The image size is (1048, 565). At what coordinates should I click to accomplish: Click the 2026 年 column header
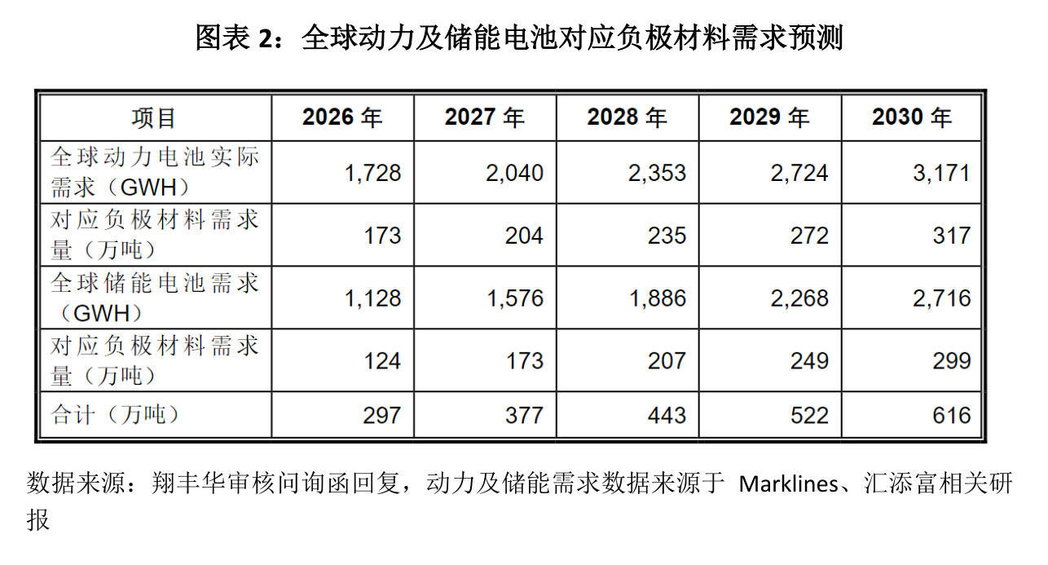(x=342, y=117)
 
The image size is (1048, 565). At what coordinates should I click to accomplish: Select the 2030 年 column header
(x=912, y=117)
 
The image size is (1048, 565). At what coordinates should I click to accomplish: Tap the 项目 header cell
(x=154, y=118)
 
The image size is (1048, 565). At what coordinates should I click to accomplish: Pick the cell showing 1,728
(x=373, y=173)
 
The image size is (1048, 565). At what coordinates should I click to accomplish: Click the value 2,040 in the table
(x=515, y=173)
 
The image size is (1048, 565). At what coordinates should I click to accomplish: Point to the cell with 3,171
(x=941, y=173)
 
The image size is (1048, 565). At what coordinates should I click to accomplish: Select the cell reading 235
(x=667, y=236)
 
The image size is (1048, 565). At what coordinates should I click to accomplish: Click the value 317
(x=952, y=236)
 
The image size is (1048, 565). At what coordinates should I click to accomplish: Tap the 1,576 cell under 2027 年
(x=515, y=298)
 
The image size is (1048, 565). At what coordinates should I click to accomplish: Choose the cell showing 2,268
(x=799, y=298)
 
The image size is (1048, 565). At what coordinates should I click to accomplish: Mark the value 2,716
(x=942, y=298)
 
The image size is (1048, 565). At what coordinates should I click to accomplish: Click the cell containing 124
(x=382, y=361)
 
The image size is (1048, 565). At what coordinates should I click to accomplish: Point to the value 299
(x=952, y=361)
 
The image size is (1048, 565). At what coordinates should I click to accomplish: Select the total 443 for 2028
(x=667, y=415)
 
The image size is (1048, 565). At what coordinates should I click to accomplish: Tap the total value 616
(x=952, y=415)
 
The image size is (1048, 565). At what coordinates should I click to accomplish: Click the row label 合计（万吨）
(x=115, y=415)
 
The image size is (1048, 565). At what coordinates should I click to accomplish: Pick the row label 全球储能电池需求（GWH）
(x=154, y=298)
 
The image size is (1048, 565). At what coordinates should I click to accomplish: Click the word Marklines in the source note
(x=788, y=483)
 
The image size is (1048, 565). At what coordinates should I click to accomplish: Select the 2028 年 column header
(x=627, y=117)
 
